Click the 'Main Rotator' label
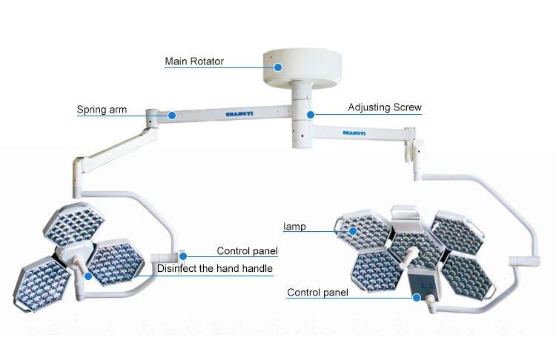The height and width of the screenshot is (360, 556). [194, 61]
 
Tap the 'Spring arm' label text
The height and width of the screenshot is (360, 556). [102, 110]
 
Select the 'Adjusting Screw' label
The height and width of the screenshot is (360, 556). [385, 107]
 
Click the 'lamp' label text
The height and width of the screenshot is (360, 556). [294, 226]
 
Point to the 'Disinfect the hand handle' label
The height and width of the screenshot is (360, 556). [215, 268]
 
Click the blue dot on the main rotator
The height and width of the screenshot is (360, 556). [278, 67]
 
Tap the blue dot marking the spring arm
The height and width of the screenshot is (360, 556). [171, 115]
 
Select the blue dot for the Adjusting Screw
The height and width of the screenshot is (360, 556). [311, 115]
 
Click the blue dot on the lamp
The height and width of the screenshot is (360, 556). [354, 231]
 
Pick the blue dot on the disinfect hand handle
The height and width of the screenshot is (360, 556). [88, 275]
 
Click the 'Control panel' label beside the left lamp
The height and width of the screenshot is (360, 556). [247, 250]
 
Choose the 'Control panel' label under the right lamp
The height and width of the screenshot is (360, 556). [317, 293]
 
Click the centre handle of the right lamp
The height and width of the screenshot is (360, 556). [410, 256]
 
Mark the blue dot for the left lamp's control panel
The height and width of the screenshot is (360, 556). [182, 256]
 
